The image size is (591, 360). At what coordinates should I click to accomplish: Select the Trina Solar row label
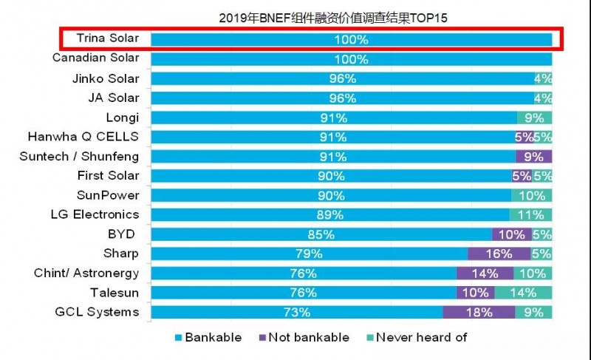pos(107,38)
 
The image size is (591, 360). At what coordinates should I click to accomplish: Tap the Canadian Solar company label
pos(95,58)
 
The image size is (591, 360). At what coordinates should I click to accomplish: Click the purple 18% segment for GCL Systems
pos(479,312)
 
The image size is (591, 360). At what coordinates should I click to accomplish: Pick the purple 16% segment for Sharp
pos(499,254)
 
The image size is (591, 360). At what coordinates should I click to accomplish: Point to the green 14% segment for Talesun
pos(523,293)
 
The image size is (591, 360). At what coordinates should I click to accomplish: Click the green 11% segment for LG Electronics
pos(531,215)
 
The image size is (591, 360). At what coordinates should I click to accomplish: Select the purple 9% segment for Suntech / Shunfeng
pos(533,157)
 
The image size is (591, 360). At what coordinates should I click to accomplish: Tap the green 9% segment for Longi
pos(534,118)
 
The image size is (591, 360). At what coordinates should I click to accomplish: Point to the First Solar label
pos(108,175)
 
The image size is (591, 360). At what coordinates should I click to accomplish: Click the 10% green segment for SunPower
pos(532,196)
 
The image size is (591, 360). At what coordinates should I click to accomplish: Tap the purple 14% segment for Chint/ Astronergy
pos(475,274)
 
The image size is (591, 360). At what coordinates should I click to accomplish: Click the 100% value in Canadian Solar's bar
pos(351,59)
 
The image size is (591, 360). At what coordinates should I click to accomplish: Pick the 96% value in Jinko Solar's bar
pos(343,78)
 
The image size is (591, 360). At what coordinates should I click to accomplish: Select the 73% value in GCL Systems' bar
pos(296,312)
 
